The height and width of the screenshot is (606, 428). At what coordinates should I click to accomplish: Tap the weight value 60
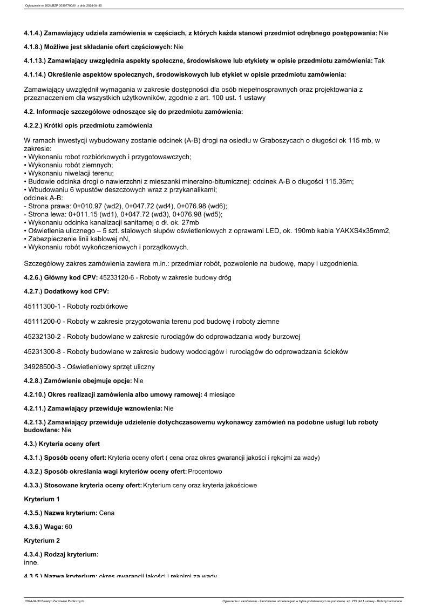point(69,526)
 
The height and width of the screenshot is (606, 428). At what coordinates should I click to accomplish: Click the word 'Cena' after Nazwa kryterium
point(107,513)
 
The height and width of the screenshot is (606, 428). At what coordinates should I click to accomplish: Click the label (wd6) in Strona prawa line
point(216,206)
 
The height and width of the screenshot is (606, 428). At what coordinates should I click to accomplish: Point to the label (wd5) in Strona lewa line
point(211,214)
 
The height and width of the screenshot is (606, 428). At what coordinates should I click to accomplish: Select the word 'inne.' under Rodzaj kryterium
point(32,562)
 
